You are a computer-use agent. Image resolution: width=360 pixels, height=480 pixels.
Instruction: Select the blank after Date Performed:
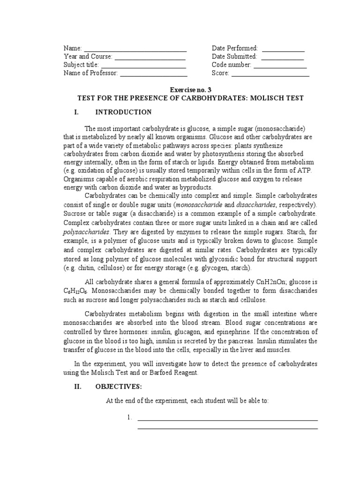pyautogui.click(x=283, y=49)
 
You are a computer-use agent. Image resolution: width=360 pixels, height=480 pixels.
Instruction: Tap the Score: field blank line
pyautogui.click(x=270, y=74)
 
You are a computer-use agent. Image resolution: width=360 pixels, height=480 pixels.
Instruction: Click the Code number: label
pyautogui.click(x=232, y=65)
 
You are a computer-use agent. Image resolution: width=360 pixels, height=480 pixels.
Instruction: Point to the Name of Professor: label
pyautogui.click(x=91, y=74)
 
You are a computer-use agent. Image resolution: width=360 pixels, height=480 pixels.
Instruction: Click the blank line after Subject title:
pyautogui.click(x=143, y=66)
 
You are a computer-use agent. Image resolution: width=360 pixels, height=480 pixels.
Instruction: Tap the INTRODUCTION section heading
pyautogui.click(x=123, y=112)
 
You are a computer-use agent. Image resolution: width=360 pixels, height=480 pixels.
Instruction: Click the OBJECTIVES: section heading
pyautogui.click(x=118, y=387)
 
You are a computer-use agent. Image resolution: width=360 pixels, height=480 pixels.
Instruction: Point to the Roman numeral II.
pyautogui.click(x=78, y=387)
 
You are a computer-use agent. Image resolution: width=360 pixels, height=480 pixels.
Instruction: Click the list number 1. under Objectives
pyautogui.click(x=130, y=418)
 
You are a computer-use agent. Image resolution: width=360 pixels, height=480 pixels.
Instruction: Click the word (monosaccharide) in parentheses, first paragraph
pyautogui.click(x=278, y=128)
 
